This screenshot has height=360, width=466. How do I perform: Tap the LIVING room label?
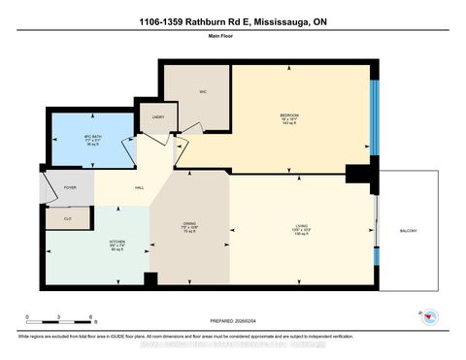click(302, 227)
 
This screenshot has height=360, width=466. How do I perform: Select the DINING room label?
click(189, 223)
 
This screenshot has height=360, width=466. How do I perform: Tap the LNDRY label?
click(158, 118)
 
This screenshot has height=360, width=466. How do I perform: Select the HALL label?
click(140, 187)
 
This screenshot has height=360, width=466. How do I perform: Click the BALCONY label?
click(410, 230)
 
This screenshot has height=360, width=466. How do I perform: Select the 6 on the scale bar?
click(89, 317)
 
